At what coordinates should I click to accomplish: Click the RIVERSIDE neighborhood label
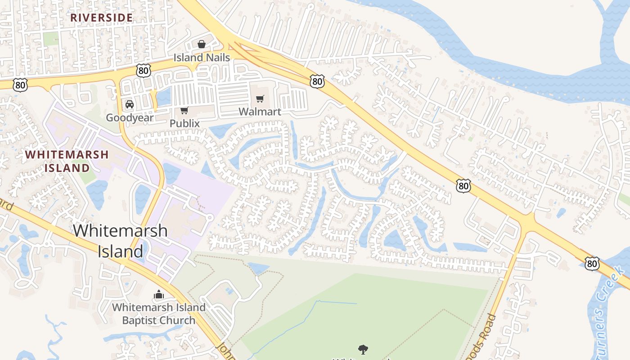tap(102, 18)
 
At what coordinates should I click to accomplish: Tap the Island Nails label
tap(202, 58)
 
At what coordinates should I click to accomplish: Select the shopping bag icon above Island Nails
tap(202, 44)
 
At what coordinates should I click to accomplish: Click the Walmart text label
tap(260, 112)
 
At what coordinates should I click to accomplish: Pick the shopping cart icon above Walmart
tap(260, 99)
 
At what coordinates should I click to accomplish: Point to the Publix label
tap(184, 123)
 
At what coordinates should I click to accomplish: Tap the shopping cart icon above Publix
tap(184, 110)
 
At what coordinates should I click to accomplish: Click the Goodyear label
tap(130, 118)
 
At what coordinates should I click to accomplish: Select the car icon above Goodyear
tap(130, 104)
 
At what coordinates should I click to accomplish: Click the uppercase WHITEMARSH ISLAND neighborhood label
tap(67, 161)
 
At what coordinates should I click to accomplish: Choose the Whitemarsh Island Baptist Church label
tap(159, 314)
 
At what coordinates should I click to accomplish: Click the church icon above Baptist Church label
tap(158, 295)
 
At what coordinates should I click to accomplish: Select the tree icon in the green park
tap(363, 349)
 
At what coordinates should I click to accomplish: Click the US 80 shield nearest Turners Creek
tap(592, 263)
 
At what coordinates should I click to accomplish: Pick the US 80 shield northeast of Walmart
tap(317, 81)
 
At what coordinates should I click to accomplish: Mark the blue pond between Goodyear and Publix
tap(164, 96)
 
